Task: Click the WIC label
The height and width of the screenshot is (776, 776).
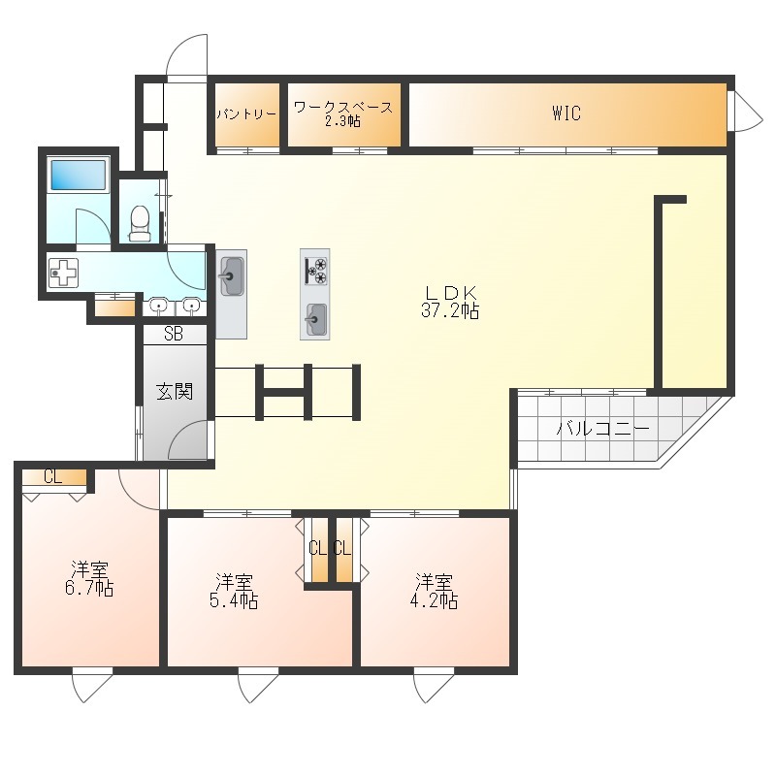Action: tap(566, 113)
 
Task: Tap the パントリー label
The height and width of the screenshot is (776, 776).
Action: tap(246, 114)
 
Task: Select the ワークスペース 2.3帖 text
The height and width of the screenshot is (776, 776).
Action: tap(343, 114)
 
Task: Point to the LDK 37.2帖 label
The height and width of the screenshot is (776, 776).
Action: tap(450, 302)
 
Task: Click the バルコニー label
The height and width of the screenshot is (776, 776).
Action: tap(603, 429)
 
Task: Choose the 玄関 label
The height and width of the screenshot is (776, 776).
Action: tap(175, 392)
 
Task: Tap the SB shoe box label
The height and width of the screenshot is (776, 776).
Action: tap(174, 334)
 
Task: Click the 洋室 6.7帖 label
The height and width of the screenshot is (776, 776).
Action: tap(89, 578)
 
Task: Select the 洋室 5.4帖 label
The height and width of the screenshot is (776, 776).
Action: tap(234, 591)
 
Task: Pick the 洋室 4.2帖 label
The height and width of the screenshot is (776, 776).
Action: tap(434, 591)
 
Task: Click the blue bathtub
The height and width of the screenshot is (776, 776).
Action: tap(79, 175)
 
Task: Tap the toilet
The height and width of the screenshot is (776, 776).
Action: tap(140, 224)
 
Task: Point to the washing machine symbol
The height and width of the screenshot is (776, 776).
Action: tap(64, 273)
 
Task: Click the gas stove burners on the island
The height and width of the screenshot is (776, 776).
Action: tap(315, 272)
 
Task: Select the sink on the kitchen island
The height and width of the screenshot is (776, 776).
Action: tap(315, 319)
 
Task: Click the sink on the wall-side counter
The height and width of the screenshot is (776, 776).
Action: tap(232, 276)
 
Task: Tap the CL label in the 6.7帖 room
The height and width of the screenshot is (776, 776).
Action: tap(53, 477)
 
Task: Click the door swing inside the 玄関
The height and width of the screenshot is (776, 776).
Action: tap(187, 439)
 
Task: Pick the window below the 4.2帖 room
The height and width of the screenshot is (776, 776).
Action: tap(434, 685)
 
